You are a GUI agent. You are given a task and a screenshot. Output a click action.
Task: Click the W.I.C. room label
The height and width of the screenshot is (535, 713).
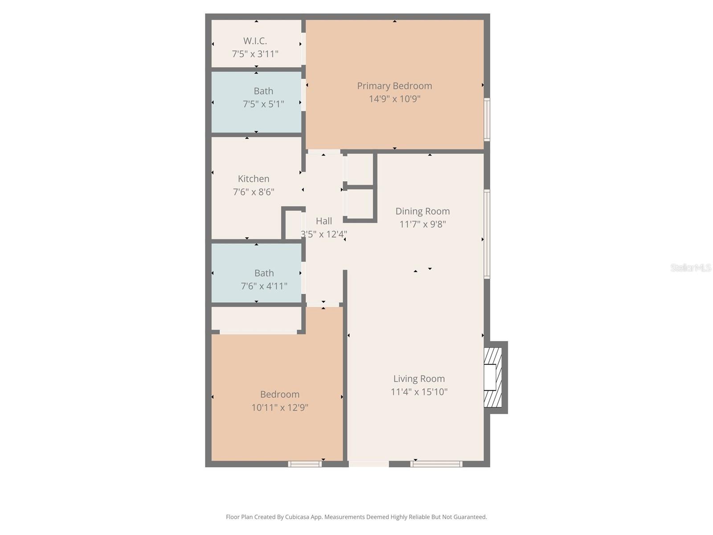[x=255, y=41]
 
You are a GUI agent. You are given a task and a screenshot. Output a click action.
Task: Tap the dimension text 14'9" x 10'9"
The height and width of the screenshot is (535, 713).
[x=394, y=99]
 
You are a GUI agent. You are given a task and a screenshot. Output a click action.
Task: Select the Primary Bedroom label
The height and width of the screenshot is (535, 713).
[x=394, y=86]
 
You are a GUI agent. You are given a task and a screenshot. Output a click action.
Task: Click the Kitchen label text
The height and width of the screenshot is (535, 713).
[x=254, y=179]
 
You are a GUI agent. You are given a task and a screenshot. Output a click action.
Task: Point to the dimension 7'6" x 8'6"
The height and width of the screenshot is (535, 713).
[x=254, y=192]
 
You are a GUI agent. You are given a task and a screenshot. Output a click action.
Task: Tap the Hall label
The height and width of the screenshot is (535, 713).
[x=324, y=221]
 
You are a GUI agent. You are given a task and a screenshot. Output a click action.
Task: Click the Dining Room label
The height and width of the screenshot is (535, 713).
[x=422, y=211]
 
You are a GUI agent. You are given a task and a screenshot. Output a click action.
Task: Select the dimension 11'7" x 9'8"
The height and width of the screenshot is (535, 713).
[x=422, y=224]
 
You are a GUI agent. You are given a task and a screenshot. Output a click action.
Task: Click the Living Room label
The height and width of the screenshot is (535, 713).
[x=419, y=379]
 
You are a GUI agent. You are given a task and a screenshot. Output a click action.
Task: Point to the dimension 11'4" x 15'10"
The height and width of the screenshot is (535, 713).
[x=419, y=392]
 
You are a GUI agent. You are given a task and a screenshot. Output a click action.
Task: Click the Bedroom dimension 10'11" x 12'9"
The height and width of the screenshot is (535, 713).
[x=280, y=407]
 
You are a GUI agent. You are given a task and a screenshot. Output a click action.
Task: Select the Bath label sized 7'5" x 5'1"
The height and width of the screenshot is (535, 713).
[x=263, y=91]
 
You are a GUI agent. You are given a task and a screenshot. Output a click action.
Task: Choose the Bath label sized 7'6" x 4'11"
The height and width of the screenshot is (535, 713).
[x=264, y=273]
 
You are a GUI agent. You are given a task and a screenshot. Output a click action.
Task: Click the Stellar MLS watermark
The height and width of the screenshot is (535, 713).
[x=691, y=267]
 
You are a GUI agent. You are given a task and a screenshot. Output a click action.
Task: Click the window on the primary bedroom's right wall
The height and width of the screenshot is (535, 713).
[x=487, y=119]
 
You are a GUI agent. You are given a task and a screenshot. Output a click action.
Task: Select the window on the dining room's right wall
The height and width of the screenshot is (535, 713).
[x=487, y=235]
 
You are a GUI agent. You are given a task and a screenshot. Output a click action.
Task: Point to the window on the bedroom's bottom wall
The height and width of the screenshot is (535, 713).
[x=305, y=464]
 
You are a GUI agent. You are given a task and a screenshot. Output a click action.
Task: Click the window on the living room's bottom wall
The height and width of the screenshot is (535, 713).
[x=436, y=464]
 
